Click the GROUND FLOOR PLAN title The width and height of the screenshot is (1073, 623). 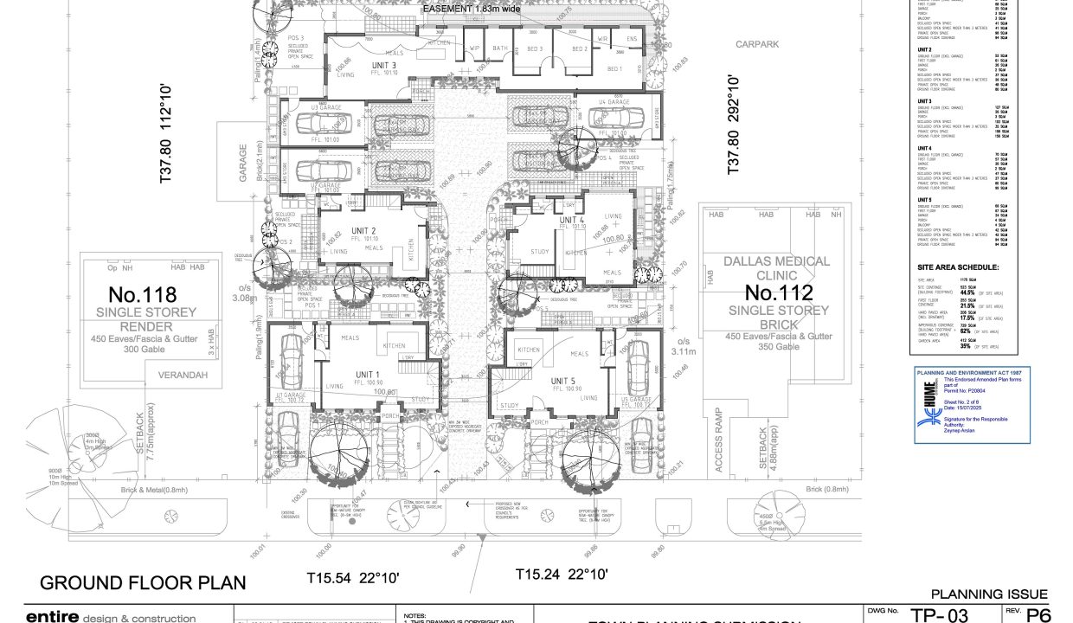(143, 582)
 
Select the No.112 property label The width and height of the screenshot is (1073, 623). (779, 292)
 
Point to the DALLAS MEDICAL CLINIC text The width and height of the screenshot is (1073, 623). (776, 267)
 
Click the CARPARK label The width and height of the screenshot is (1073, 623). (757, 43)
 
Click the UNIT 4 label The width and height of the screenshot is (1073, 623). (573, 221)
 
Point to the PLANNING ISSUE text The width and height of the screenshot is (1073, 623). (989, 594)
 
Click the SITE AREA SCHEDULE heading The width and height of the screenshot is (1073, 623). (958, 267)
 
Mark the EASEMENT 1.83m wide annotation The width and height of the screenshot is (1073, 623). (471, 9)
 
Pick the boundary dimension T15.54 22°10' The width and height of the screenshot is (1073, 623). (352, 576)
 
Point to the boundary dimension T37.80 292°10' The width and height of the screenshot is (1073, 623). (734, 125)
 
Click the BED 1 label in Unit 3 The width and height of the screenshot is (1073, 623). (615, 68)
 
